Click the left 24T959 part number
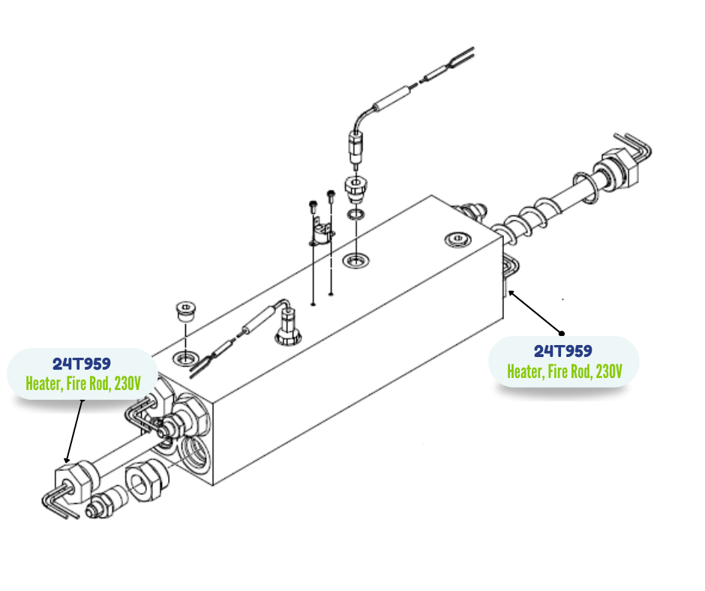click(82, 364)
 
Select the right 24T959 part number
click(562, 351)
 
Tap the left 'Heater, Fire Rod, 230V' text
click(82, 383)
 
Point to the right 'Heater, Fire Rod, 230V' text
click(564, 371)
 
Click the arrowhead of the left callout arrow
click(67, 460)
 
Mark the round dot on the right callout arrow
click(560, 332)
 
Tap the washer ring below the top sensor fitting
click(356, 215)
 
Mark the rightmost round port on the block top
click(456, 239)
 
